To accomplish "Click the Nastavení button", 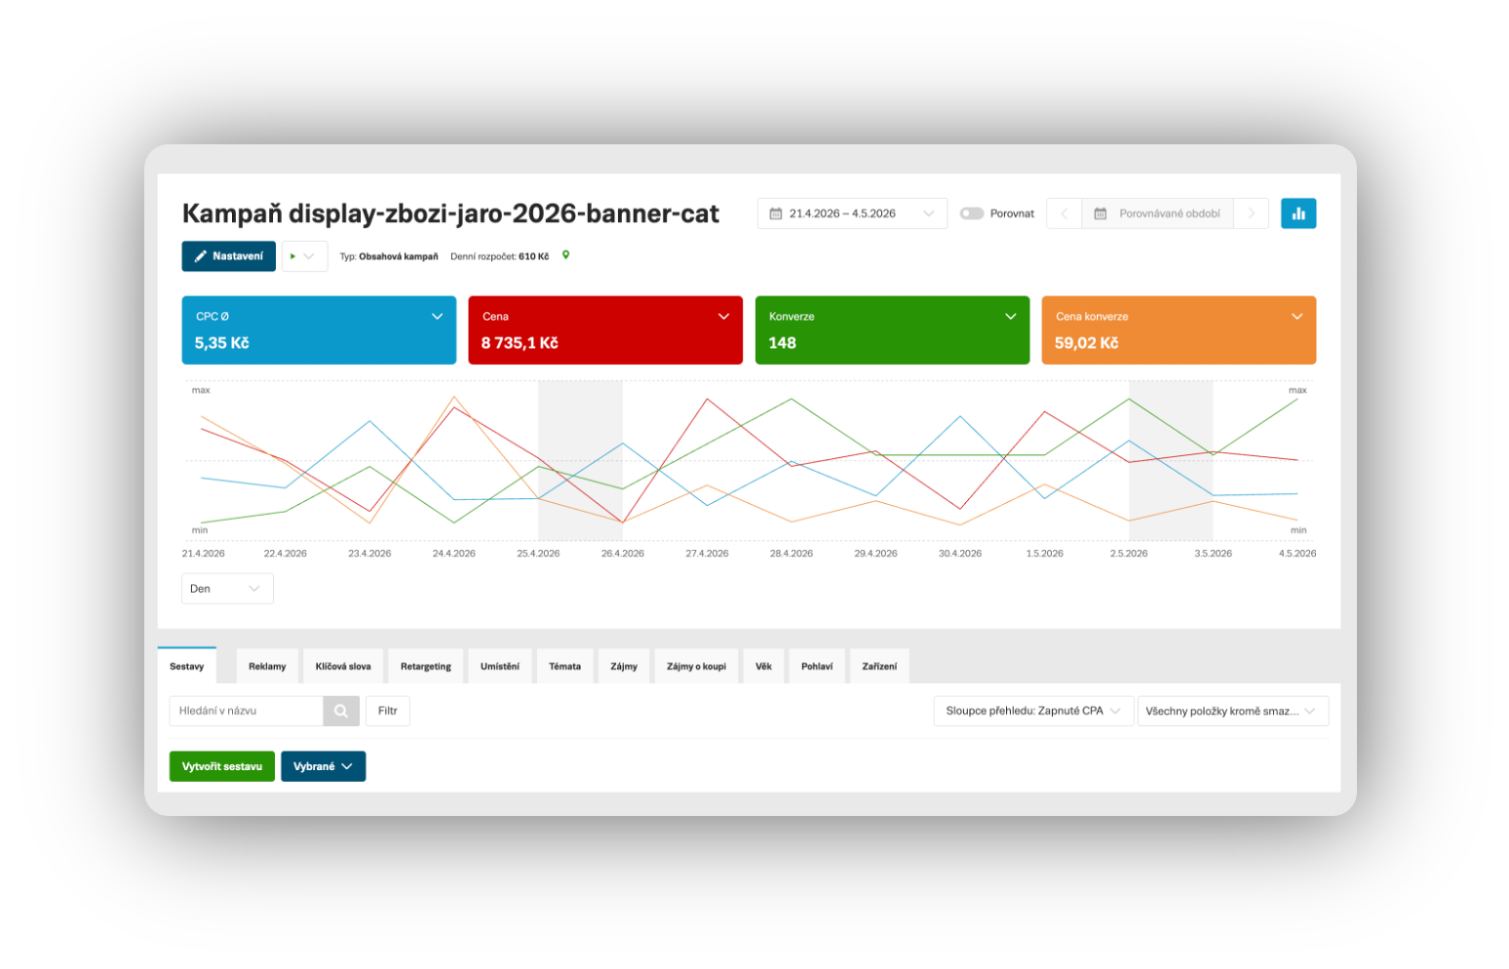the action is (x=228, y=256).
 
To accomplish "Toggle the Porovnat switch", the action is (x=972, y=213).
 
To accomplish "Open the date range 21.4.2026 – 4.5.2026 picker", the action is (x=852, y=213).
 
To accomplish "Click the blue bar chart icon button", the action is (x=1298, y=213).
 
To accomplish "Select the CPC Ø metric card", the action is (x=319, y=330).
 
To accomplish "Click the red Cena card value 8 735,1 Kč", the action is (x=520, y=343).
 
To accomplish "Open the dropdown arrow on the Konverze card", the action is (x=1010, y=317).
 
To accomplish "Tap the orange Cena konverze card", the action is (x=1179, y=330).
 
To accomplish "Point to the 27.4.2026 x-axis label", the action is (x=707, y=554).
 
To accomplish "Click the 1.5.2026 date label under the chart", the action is (x=1044, y=554).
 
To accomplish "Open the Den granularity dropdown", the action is (x=227, y=589).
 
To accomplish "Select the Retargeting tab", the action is (x=426, y=667).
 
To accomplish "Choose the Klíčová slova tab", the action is (x=343, y=667).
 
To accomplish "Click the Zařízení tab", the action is (x=879, y=667).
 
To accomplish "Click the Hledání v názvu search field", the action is (x=247, y=711).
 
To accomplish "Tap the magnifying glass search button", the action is (x=341, y=711).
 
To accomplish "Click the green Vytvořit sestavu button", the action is (x=221, y=766).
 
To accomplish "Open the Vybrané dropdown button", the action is (x=324, y=766).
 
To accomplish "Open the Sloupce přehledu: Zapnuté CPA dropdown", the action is (x=1033, y=711).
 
